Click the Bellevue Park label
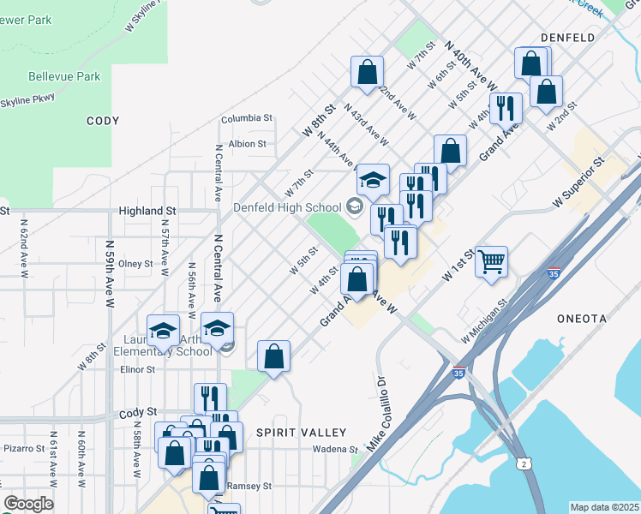[x=64, y=76]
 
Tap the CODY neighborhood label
[x=103, y=121]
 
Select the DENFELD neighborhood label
[x=568, y=38]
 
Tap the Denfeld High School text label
[x=287, y=207]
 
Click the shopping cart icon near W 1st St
[x=491, y=262]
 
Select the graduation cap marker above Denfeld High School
[x=373, y=180]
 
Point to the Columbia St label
[x=246, y=118]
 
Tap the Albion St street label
[x=248, y=143]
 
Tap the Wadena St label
[x=334, y=449]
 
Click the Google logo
[x=28, y=504]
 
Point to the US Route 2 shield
[x=524, y=463]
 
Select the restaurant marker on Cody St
[x=210, y=398]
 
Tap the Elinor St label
[x=137, y=370]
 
